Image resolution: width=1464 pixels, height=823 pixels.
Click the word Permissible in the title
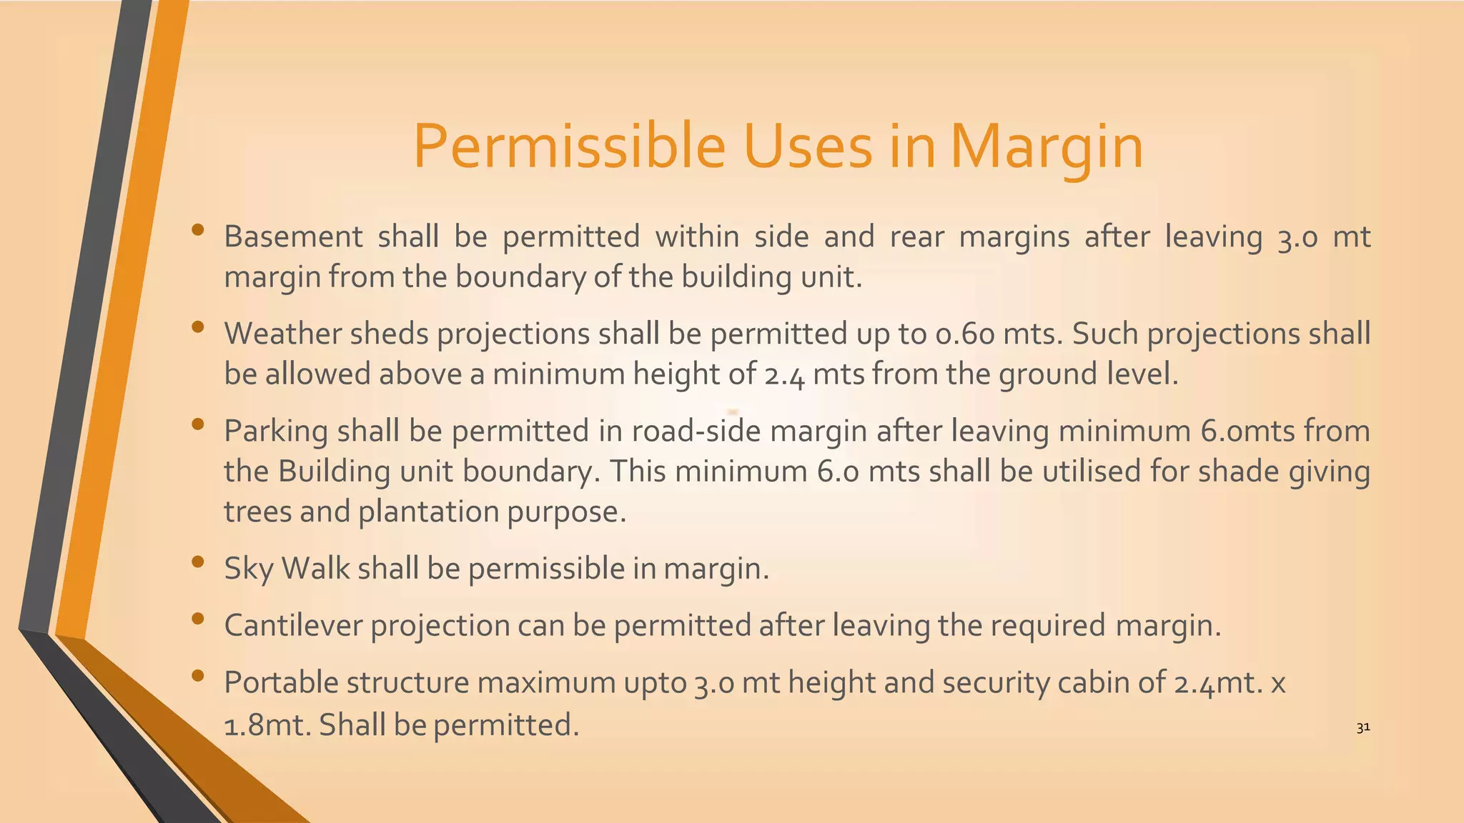click(570, 147)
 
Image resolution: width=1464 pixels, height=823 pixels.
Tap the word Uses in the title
click(807, 147)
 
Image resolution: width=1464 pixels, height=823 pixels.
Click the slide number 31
click(1362, 728)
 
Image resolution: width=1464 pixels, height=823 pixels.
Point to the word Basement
click(293, 236)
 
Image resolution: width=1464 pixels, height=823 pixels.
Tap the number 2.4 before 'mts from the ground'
click(784, 374)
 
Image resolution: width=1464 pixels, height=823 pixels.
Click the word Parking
click(275, 432)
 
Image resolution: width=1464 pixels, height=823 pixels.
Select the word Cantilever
click(292, 625)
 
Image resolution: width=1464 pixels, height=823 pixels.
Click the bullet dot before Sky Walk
click(198, 562)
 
